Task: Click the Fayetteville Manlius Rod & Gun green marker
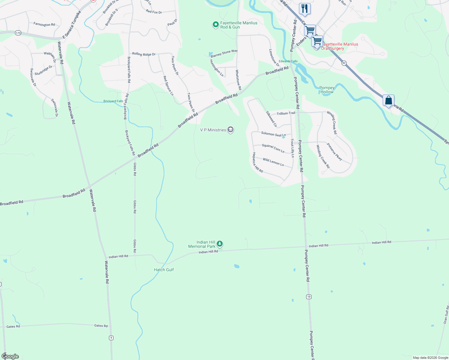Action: coord(215,25)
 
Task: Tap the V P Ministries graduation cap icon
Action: coord(231,130)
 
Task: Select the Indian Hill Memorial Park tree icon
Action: coord(220,244)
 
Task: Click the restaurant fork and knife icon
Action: coord(305,8)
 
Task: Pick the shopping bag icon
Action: coord(388,100)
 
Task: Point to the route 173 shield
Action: coord(18,33)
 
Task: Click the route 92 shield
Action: coord(344,63)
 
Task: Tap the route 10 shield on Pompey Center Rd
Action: coord(309,297)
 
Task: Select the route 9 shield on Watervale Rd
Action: coord(111,338)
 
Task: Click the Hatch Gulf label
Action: coord(164,270)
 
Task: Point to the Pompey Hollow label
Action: coord(327,90)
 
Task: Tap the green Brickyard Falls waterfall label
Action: coord(113,101)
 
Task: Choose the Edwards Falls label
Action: coord(288,61)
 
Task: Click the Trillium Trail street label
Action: coord(286,113)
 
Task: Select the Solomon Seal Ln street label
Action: coord(273,134)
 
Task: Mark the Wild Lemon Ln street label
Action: coord(273,162)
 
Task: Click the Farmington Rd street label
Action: coord(44,24)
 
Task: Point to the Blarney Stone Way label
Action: coord(224,53)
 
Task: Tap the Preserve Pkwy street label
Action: coord(334,151)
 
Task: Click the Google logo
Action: coord(10,356)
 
